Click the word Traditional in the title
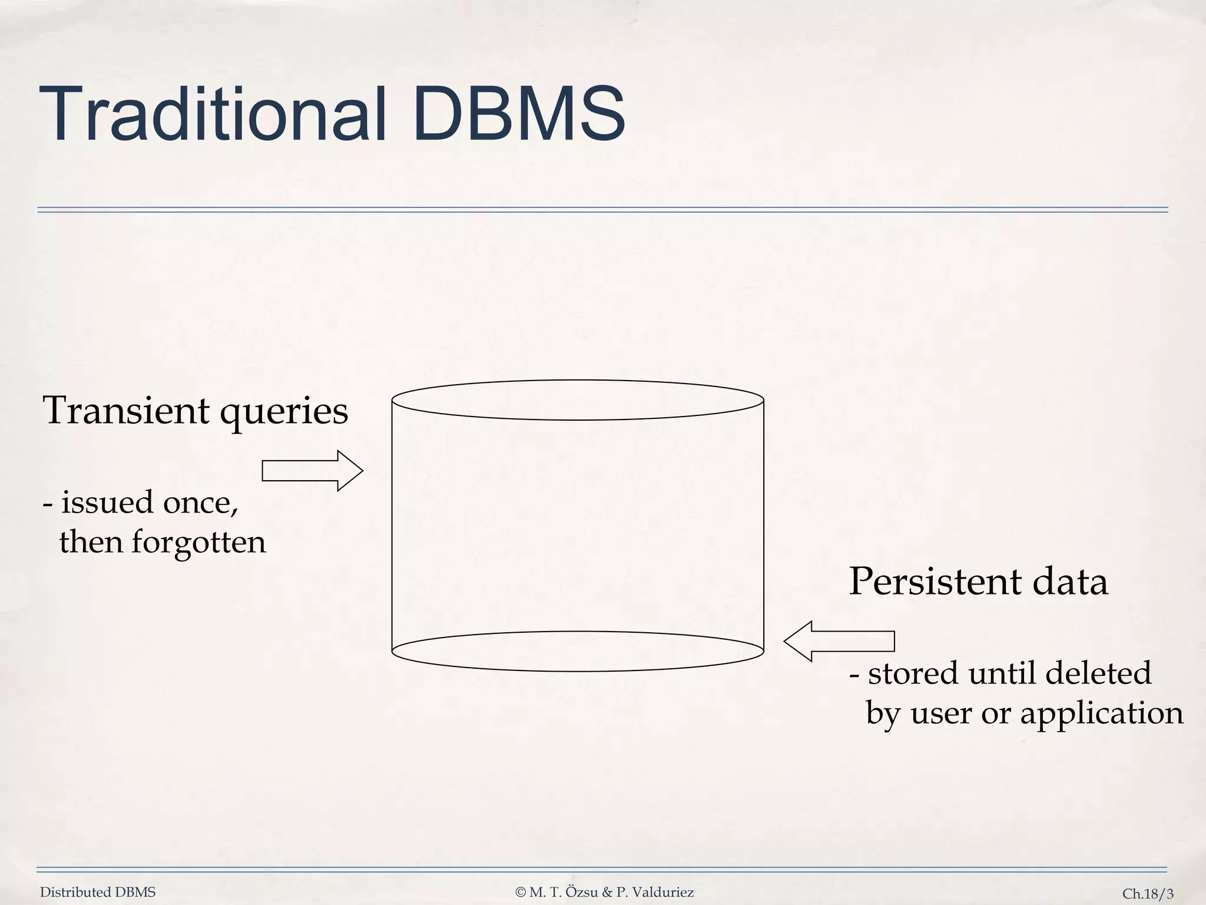point(212,115)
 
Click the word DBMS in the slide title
point(518,115)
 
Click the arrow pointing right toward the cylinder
point(312,471)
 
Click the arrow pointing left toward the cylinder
point(839,641)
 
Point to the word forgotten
point(198,543)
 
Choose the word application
point(1101,714)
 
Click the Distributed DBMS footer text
point(98,893)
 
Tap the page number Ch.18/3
point(1148,894)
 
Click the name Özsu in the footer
point(582,892)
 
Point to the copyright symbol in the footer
point(520,893)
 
